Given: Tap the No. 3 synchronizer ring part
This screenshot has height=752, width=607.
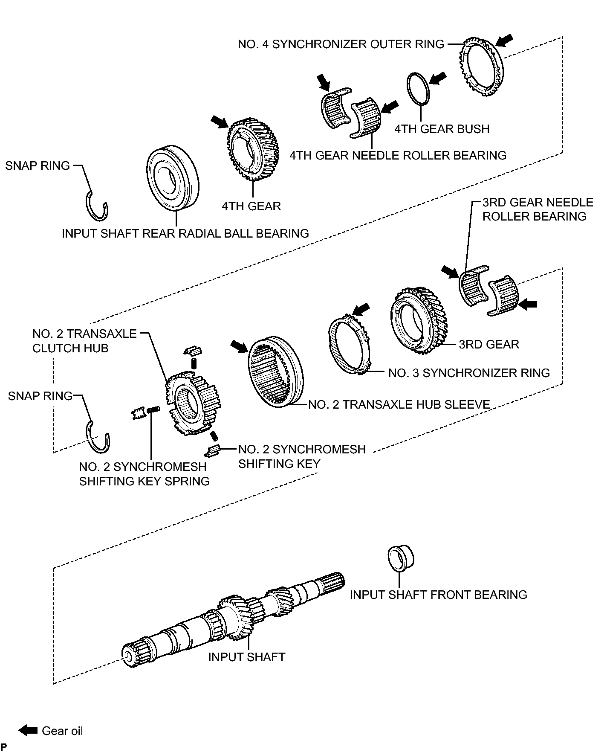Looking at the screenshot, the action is pyautogui.click(x=332, y=341).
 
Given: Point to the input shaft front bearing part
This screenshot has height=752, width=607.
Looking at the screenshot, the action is pyautogui.click(x=401, y=557).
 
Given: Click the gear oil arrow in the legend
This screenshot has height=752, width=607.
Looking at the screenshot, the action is pyautogui.click(x=29, y=731).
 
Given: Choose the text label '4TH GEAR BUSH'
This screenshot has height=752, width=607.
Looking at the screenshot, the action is pyautogui.click(x=442, y=129).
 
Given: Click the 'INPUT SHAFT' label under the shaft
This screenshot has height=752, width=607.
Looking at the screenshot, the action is pyautogui.click(x=246, y=657).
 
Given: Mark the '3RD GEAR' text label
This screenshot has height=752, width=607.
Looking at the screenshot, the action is pyautogui.click(x=489, y=344).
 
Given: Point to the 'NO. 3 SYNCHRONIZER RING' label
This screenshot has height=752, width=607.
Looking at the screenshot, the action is pyautogui.click(x=469, y=373).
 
